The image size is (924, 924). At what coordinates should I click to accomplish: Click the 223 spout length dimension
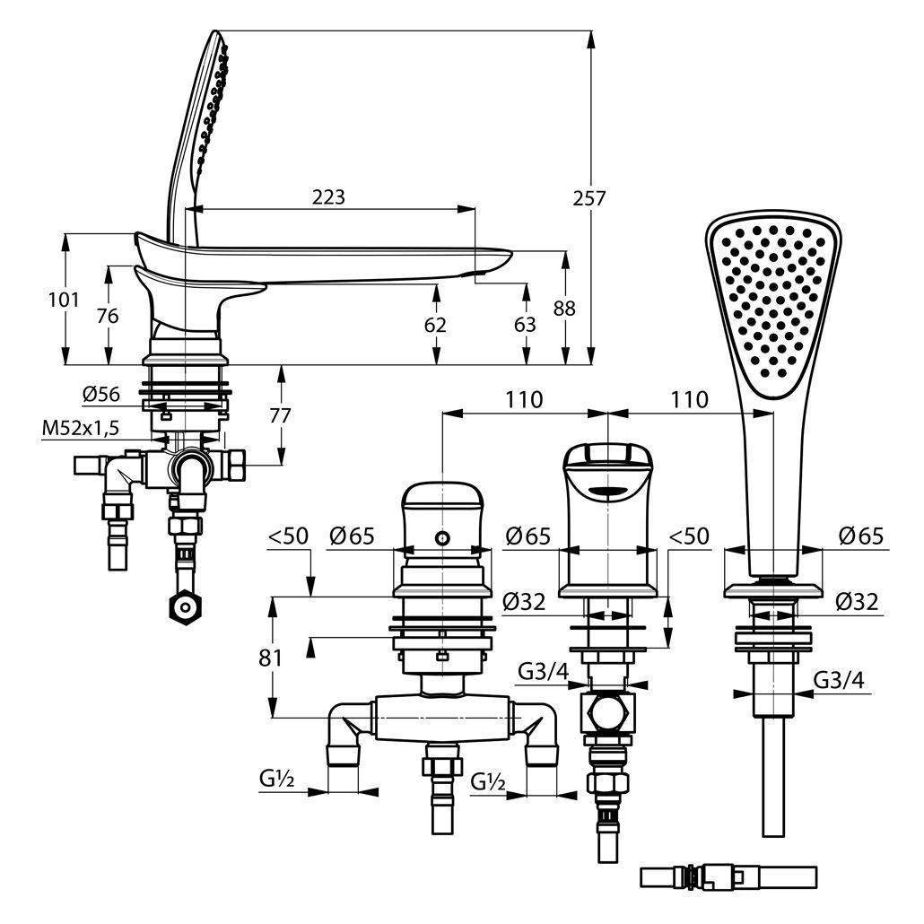[x=329, y=197]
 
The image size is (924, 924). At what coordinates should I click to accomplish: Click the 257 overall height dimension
[x=589, y=198]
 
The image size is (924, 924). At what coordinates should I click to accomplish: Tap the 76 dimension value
[x=108, y=317]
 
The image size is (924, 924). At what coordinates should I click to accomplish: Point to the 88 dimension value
[x=564, y=308]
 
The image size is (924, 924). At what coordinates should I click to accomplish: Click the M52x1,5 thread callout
[x=79, y=429]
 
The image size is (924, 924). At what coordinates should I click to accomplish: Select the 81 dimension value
[x=272, y=658]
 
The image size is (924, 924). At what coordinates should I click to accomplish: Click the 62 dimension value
[x=436, y=325]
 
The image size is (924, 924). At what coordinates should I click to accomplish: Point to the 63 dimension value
[x=526, y=325]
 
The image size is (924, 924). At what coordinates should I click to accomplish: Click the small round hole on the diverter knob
[x=441, y=537]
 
